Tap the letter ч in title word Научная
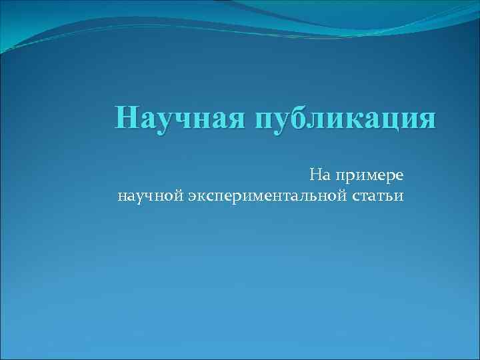(179, 118)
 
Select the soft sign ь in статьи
(391, 197)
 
